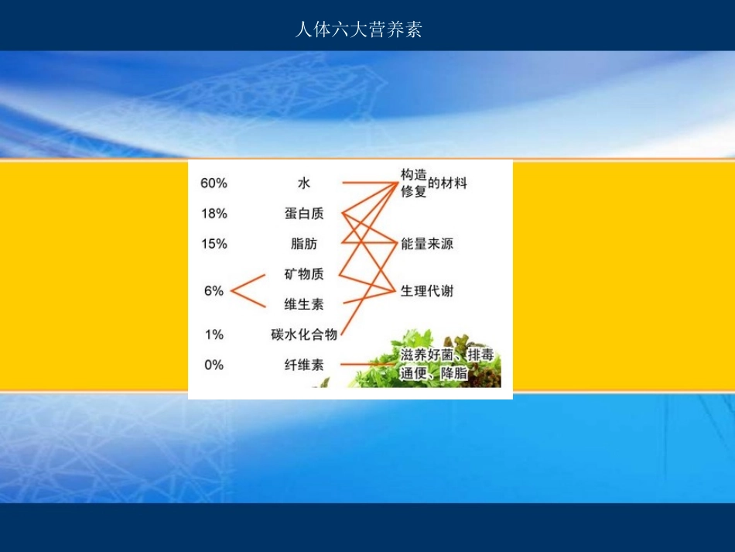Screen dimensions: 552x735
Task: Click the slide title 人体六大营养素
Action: [359, 30]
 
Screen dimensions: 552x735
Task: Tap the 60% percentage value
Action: [214, 183]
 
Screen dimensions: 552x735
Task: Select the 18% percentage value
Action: [214, 214]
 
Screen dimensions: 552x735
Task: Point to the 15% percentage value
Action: [214, 244]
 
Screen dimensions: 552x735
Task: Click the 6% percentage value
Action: [214, 291]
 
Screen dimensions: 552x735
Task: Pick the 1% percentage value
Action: [214, 334]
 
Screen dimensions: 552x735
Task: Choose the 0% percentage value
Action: [214, 365]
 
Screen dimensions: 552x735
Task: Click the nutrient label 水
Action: [304, 183]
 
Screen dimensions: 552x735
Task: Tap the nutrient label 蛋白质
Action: [304, 214]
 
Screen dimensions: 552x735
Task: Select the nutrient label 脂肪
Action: [304, 244]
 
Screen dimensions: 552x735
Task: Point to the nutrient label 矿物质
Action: [304, 274]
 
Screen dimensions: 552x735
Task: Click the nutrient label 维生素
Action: [304, 304]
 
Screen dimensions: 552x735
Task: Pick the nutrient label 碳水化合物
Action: [304, 334]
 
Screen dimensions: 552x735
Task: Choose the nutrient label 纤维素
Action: [304, 365]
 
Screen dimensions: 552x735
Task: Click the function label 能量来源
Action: [427, 244]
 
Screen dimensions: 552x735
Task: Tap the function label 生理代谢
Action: [427, 291]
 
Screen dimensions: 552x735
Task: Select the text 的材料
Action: [448, 183]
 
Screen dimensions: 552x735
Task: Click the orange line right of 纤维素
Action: [367, 365]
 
